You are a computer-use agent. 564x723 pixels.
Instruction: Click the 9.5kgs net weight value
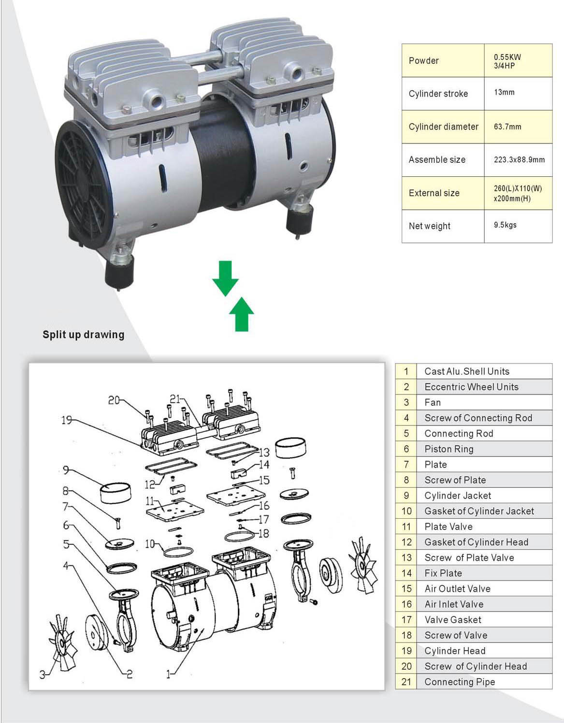click(x=505, y=225)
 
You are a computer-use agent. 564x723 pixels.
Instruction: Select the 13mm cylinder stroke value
click(x=504, y=92)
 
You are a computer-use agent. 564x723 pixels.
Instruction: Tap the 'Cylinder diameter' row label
click(x=443, y=127)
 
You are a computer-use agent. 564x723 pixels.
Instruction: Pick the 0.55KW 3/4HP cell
click(x=507, y=61)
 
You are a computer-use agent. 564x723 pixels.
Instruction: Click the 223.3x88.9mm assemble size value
click(x=519, y=159)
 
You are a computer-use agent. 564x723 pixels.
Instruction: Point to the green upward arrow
click(x=241, y=314)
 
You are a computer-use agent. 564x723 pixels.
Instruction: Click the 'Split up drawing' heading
click(x=83, y=334)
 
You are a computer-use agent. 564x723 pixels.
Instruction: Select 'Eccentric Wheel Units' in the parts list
click(x=471, y=387)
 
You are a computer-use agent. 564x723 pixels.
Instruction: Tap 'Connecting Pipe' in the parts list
click(x=460, y=682)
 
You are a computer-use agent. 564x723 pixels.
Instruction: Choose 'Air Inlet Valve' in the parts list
click(x=454, y=604)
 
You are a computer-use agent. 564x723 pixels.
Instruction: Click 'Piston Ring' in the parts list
click(x=449, y=449)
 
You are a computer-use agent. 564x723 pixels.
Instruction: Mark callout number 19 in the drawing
click(x=67, y=420)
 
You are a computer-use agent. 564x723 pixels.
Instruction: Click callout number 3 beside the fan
click(x=43, y=675)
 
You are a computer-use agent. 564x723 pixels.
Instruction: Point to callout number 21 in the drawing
click(x=175, y=399)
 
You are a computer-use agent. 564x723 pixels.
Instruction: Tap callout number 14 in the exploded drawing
click(x=264, y=465)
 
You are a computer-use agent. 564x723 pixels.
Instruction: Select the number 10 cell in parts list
click(x=406, y=511)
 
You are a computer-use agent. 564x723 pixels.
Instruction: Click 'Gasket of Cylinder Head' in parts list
click(x=476, y=542)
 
